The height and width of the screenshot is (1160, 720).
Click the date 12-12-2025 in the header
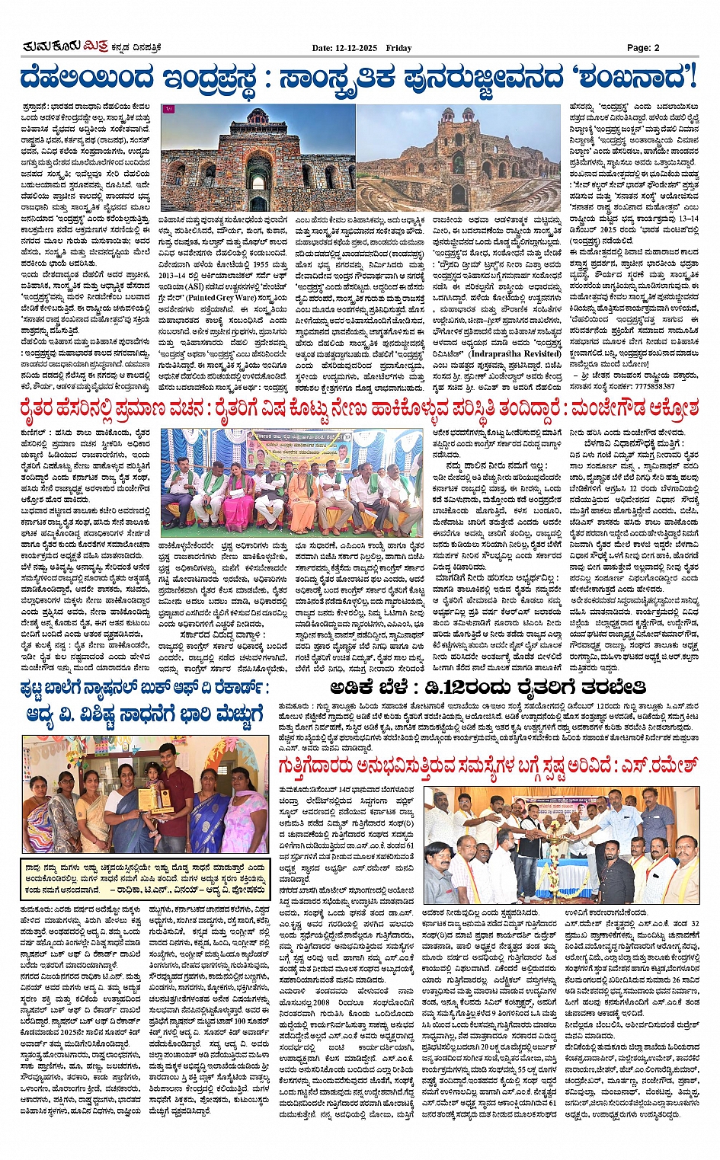pyautogui.click(x=356, y=48)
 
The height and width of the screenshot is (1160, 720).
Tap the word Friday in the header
pyautogui.click(x=398, y=48)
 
